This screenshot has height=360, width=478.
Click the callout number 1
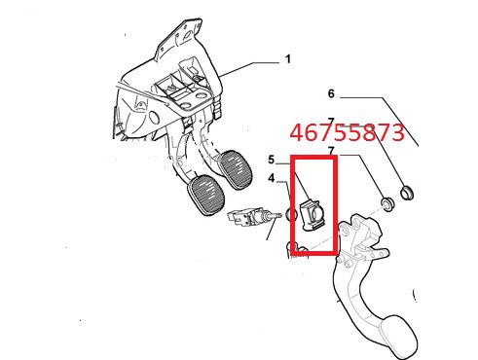(287, 59)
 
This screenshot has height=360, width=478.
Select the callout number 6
(331, 93)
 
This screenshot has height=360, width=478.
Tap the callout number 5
(271, 160)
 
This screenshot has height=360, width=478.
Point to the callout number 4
(272, 178)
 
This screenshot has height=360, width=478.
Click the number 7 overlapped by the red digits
(331, 122)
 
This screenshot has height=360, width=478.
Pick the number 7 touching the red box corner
(331, 151)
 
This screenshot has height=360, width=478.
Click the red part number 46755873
(347, 132)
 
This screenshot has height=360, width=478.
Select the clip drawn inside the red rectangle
(312, 214)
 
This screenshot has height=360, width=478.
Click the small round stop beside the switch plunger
(291, 214)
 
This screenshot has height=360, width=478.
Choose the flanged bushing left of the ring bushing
(387, 204)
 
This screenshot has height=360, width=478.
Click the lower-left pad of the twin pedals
(205, 196)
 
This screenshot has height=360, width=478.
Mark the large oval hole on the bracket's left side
(154, 117)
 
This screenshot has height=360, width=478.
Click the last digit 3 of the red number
(397, 132)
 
